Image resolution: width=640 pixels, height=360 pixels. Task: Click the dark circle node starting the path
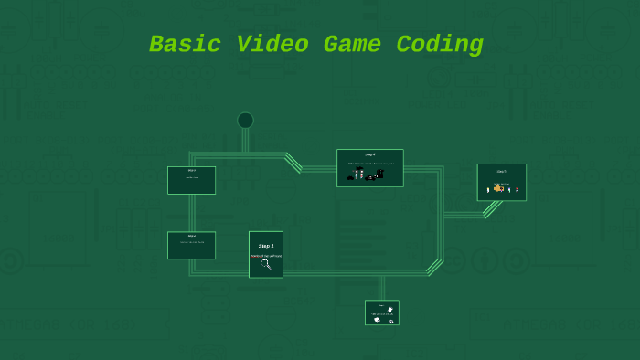pos(245,121)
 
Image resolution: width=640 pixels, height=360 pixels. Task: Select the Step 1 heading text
pos(266,246)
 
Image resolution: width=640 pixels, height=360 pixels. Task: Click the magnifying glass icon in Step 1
pos(266,265)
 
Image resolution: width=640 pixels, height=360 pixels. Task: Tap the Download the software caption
pos(266,256)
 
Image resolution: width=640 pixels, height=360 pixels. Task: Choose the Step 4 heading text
pos(369,154)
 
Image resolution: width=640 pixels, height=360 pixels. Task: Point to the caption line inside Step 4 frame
pos(369,164)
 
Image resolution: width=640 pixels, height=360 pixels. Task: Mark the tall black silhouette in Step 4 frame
pos(379,173)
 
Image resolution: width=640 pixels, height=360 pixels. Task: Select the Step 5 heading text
pos(501,171)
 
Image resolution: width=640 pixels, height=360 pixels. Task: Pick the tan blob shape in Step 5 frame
pos(498,189)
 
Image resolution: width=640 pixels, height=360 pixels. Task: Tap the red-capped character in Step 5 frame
pos(517,190)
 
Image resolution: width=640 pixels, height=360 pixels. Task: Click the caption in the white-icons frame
pos(381,314)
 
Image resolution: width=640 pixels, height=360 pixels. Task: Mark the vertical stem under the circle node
pos(245,140)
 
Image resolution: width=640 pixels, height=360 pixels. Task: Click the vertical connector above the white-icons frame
pos(381,287)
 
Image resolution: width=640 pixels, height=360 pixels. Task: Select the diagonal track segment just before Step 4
pos(293,162)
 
